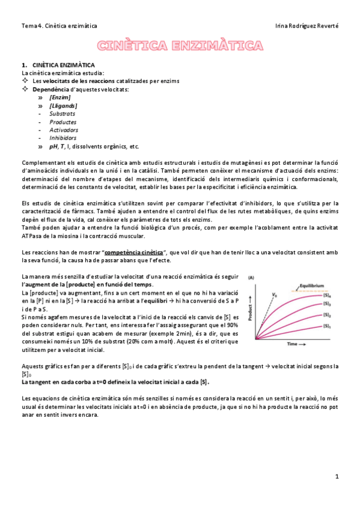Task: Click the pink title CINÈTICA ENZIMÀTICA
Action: click(x=180, y=46)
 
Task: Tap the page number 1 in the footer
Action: click(x=337, y=476)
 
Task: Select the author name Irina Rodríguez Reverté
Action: click(x=306, y=26)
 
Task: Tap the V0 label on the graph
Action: click(x=275, y=295)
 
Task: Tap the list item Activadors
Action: click(x=64, y=129)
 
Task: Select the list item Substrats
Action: click(x=63, y=113)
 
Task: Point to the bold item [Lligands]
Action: click(x=63, y=105)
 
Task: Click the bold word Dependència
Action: click(x=52, y=89)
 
